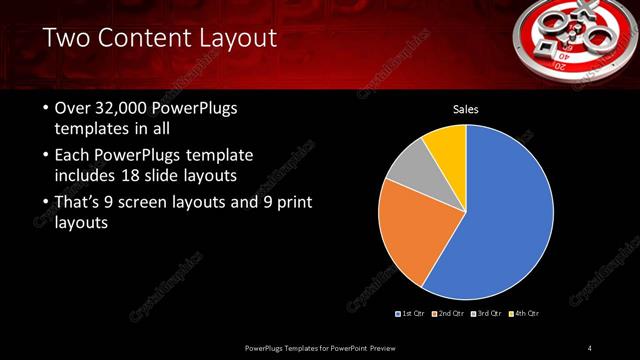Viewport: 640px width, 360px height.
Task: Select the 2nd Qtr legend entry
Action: pyautogui.click(x=451, y=314)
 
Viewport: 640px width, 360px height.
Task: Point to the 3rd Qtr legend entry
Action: pyautogui.click(x=488, y=314)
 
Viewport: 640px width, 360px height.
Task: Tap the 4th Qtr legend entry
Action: pyautogui.click(x=525, y=314)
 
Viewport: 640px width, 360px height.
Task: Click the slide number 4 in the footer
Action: pyautogui.click(x=589, y=347)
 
